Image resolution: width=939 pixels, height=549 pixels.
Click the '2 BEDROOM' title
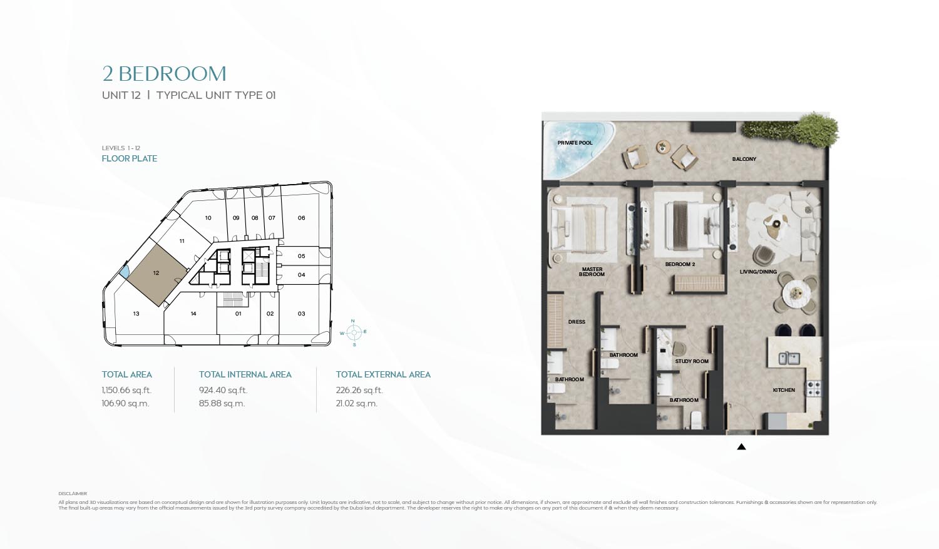164,74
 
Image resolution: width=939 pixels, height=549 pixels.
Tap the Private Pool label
575,143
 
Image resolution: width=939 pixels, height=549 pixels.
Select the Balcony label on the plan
744,159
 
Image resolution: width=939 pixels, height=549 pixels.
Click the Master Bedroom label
592,272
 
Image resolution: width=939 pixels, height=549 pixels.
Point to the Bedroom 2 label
680,264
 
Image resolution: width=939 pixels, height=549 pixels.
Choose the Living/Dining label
758,272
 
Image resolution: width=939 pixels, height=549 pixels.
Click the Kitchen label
783,390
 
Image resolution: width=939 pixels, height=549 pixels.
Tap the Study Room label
692,361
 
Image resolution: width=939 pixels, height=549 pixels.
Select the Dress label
577,322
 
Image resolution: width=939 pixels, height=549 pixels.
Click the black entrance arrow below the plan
741,447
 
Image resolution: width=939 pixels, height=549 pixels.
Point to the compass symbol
354,332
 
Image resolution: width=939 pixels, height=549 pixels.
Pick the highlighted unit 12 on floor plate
156,274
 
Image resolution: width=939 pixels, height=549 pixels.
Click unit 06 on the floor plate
301,218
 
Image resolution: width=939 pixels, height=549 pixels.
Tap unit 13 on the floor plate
136,314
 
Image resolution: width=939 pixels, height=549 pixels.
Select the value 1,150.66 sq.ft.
126,390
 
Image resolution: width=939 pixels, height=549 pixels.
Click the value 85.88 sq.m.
222,404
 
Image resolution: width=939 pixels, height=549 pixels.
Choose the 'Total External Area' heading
383,374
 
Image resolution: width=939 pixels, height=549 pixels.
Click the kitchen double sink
789,359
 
